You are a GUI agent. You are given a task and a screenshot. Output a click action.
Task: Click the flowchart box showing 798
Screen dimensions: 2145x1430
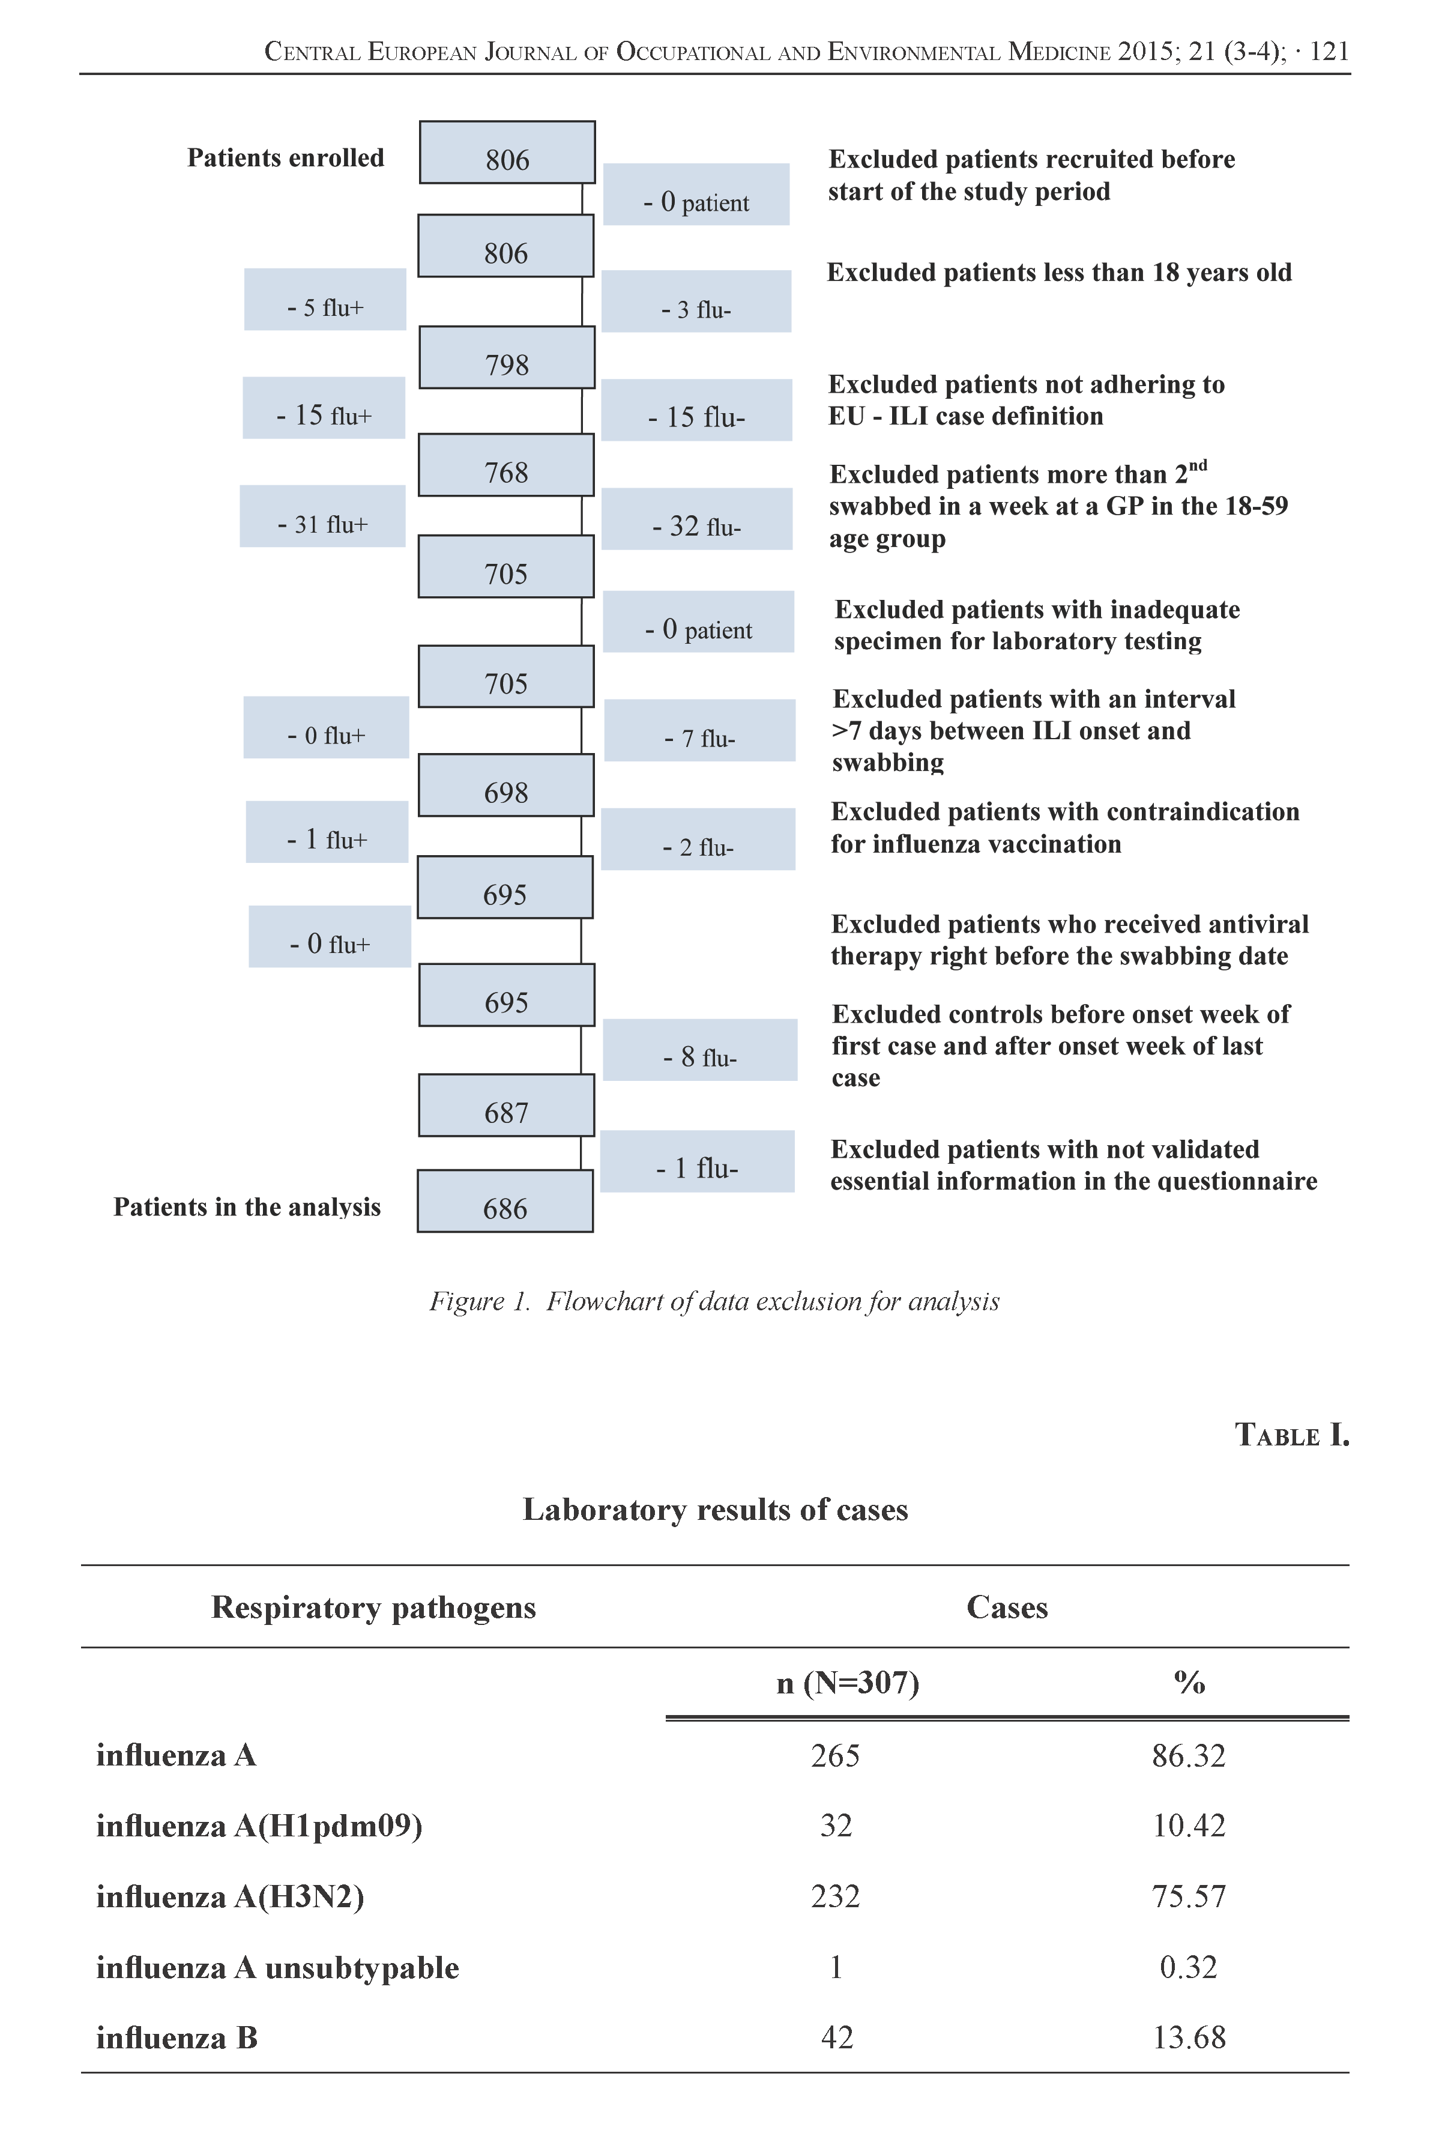point(507,357)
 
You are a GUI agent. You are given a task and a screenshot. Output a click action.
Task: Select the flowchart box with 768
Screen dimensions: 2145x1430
point(506,465)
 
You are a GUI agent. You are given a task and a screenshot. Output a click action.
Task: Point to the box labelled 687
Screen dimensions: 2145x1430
point(506,1106)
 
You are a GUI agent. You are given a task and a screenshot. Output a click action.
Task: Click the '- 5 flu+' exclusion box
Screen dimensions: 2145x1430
point(325,300)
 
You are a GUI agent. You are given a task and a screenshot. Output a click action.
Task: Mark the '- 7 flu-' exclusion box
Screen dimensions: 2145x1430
point(699,730)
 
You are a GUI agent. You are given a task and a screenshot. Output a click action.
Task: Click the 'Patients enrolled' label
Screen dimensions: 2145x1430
point(285,158)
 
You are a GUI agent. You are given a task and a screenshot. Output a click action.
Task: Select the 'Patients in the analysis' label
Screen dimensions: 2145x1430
point(247,1208)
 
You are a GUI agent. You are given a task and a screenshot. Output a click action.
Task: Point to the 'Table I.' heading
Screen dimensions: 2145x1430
point(1291,1435)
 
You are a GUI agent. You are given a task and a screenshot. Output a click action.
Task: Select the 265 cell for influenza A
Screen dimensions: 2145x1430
point(836,1756)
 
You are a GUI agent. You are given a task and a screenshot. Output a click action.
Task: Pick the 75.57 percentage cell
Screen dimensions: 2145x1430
point(1188,1897)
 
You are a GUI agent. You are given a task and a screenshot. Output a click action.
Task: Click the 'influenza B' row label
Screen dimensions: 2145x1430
point(177,2038)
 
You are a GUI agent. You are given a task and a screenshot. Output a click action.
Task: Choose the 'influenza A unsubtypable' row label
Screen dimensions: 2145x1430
point(277,1968)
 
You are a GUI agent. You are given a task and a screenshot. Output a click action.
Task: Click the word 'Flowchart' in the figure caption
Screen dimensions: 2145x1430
point(605,1301)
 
